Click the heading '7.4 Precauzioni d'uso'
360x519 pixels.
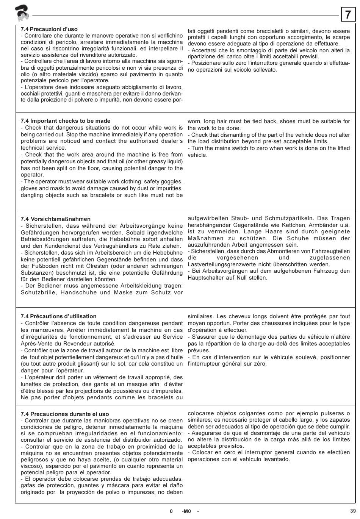pos(49,29)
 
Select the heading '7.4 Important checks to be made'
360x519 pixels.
pos(66,121)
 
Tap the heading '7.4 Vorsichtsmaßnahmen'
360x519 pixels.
pos(56,219)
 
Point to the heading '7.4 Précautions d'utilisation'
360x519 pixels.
pos(58,316)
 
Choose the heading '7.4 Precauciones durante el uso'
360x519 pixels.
pos(65,414)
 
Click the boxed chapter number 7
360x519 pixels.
pos(348,15)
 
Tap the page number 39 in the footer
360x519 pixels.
pos(353,510)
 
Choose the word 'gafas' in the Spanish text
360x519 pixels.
pos(28,486)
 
